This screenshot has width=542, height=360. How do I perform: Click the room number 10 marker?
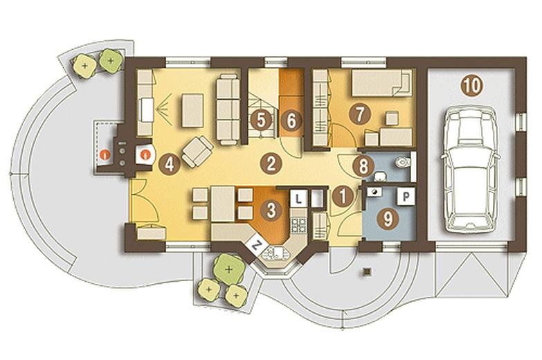click(x=471, y=85)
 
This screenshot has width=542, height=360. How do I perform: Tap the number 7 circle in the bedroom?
click(x=360, y=114)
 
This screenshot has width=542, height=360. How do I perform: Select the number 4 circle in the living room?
click(x=169, y=164)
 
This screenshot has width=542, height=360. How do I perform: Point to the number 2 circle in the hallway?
click(x=271, y=163)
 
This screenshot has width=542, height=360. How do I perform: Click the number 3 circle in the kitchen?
click(x=271, y=210)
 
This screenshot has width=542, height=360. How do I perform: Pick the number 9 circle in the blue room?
click(x=388, y=219)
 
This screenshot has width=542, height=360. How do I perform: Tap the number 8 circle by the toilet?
click(x=363, y=167)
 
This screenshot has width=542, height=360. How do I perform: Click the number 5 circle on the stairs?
click(x=261, y=120)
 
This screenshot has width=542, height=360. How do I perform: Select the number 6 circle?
click(x=291, y=120)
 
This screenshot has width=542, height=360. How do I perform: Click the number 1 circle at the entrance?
click(x=343, y=197)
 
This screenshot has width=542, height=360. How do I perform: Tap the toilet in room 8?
click(x=403, y=161)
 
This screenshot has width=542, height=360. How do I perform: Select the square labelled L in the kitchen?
click(x=298, y=199)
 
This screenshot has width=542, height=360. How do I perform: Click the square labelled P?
click(x=406, y=197)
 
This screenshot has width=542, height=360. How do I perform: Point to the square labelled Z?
click(x=256, y=245)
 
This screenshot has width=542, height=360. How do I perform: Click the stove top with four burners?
click(x=298, y=225)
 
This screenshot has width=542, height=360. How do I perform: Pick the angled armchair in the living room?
click(x=197, y=152)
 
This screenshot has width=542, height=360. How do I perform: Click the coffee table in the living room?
click(x=192, y=110)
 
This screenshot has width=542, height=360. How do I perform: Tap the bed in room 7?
click(x=382, y=82)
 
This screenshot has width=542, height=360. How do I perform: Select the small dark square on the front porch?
click(x=368, y=271)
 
